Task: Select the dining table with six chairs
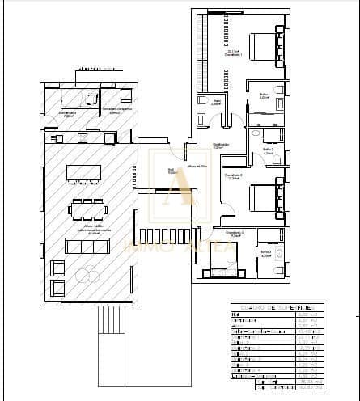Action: tap(87, 209)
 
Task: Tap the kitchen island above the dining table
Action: tap(84, 174)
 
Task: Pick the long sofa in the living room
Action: tap(87, 246)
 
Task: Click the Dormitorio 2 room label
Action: tap(233, 177)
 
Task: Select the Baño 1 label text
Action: tap(264, 95)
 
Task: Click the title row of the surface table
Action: tap(276, 308)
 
